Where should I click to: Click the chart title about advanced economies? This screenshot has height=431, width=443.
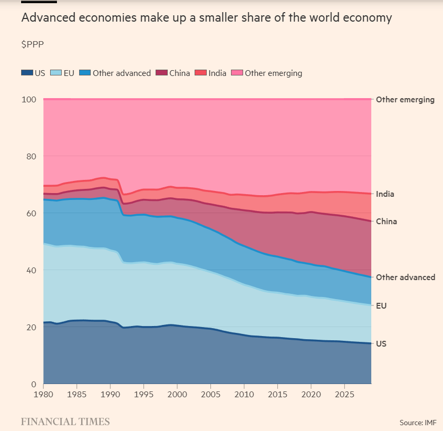pos(206,18)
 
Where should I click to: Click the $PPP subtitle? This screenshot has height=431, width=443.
pos(32,44)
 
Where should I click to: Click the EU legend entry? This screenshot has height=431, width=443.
pos(63,73)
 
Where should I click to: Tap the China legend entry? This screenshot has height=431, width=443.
pos(173,73)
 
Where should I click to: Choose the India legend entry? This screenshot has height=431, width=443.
pos(211,73)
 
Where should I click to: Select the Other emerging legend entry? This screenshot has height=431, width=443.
pos(267,73)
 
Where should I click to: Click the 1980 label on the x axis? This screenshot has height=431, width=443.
pos(43,394)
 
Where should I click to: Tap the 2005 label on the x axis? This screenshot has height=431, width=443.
pos(210,394)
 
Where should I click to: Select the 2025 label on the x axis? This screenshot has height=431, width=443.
pos(344,394)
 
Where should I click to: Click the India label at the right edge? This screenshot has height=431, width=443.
pos(385,194)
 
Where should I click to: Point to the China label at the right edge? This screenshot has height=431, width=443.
pos(386,222)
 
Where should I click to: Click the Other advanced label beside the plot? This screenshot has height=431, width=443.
pos(405,277)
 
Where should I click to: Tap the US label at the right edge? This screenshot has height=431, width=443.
pos(381,343)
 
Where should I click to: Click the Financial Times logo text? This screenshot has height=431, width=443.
pos(65,421)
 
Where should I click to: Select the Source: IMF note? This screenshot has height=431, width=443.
pos(418,422)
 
